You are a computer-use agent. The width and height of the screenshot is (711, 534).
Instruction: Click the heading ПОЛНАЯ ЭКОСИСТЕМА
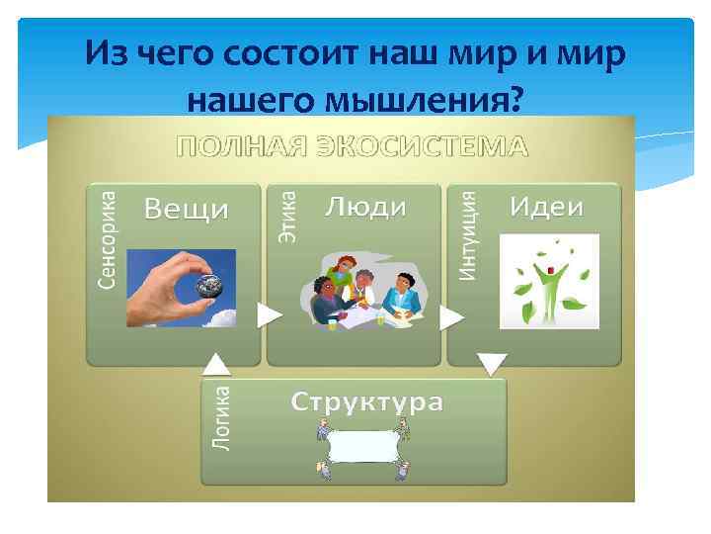point(353,146)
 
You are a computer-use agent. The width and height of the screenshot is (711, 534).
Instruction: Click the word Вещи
point(187,209)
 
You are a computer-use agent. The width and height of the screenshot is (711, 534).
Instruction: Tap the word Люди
point(365,207)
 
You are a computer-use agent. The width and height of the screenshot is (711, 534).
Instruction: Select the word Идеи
point(546,207)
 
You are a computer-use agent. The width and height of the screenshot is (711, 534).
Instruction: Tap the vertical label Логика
point(223,418)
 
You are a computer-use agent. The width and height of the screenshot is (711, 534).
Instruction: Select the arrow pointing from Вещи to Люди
point(269,315)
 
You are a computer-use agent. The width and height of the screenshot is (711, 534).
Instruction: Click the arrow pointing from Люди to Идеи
point(451,317)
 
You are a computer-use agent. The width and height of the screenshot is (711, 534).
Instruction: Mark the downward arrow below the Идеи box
point(491,364)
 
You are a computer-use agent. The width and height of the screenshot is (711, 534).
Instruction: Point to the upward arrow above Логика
point(217,365)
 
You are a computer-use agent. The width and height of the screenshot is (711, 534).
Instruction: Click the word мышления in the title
point(431,98)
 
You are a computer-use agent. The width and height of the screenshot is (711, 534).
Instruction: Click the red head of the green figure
point(541,267)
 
